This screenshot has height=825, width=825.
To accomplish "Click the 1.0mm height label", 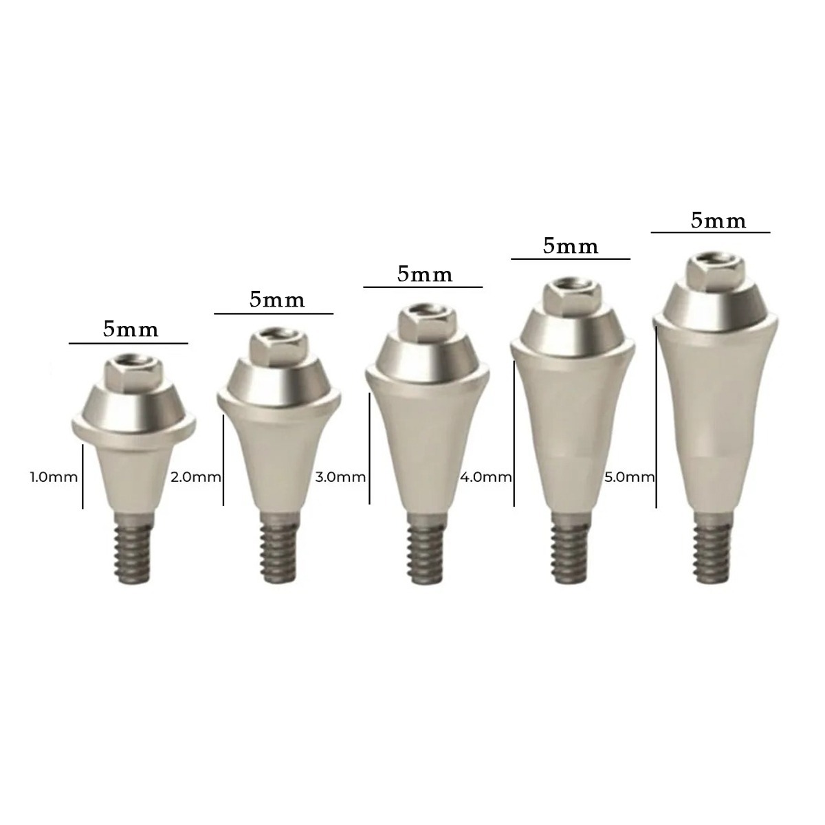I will [54, 476].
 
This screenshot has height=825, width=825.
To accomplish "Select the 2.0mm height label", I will [195, 476].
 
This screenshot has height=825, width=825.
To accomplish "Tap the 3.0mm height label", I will [340, 476].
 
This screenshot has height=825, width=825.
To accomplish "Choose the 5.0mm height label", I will [629, 476].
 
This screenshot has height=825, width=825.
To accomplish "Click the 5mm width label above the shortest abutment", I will [131, 329].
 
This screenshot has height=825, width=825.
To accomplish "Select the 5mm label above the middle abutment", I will [425, 274].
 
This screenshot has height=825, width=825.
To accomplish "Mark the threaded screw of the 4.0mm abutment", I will [570, 553].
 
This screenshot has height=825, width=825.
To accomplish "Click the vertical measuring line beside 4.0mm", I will [514, 433].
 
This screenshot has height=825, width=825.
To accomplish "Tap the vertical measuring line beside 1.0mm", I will [82, 476].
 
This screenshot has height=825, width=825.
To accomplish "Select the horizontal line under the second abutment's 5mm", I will [274, 314].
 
